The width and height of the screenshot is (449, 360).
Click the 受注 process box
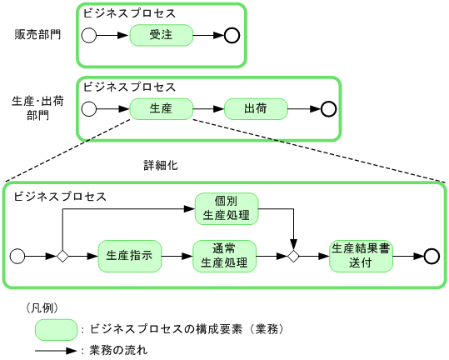point(161,35)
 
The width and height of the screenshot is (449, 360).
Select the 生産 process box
point(161,108)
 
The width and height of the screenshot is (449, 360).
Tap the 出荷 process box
point(256,108)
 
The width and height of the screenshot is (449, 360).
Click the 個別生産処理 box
point(226,208)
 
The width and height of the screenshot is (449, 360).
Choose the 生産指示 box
point(130,256)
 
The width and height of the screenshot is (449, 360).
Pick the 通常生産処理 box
point(224,256)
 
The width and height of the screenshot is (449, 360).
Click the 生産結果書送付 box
point(361,256)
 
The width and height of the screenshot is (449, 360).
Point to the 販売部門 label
point(37,35)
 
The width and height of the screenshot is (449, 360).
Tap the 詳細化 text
point(161,165)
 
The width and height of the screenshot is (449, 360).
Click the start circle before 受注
point(89,35)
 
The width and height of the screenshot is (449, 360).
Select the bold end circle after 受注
point(232,35)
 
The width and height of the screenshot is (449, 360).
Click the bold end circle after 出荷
point(328,108)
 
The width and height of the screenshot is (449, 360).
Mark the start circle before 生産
point(89,108)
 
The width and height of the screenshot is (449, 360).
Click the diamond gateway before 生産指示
point(62,256)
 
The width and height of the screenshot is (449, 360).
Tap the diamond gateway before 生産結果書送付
point(293,256)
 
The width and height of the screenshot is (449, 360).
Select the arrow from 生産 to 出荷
point(208,108)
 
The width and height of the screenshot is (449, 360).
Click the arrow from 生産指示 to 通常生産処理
point(177,256)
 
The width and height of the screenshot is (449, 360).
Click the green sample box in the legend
point(57,329)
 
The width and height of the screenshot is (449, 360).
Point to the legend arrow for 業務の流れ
point(57,350)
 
